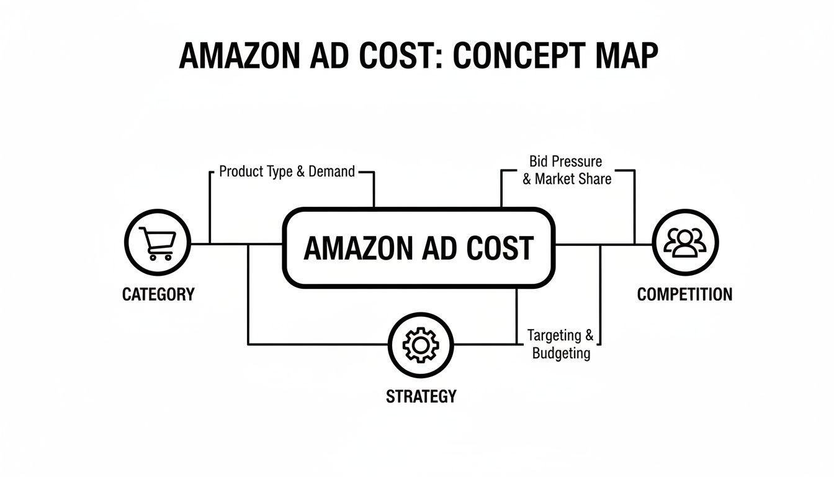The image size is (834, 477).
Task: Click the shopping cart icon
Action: point(158,243)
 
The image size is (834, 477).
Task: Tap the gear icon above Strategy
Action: point(421,343)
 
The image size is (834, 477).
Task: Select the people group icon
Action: point(685,242)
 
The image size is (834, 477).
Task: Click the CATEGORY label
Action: point(158,294)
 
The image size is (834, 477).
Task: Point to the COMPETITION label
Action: point(684,294)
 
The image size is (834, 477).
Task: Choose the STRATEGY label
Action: point(421,396)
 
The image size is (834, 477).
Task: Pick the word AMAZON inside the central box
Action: point(352,248)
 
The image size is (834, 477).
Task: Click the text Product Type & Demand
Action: point(287,171)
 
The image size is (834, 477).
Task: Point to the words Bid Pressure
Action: point(565,161)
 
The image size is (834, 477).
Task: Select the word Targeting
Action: point(555,336)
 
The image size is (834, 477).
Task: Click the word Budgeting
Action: point(561,354)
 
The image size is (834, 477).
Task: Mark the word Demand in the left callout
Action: point(331,171)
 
